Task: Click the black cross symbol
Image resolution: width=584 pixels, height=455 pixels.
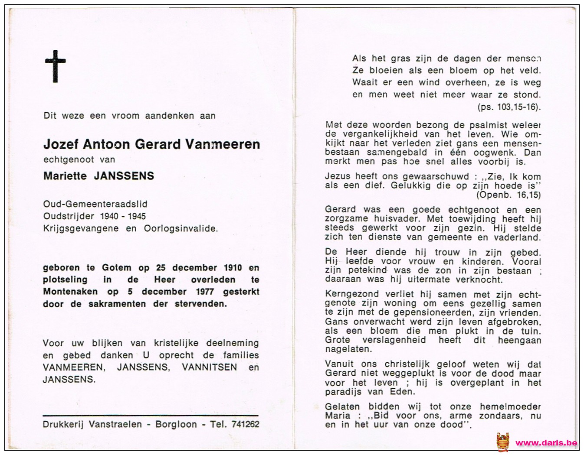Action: pyautogui.click(x=55, y=66)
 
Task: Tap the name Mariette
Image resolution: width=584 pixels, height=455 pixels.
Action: pyautogui.click(x=64, y=175)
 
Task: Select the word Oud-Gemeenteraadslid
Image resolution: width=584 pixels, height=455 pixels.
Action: pyautogui.click(x=95, y=204)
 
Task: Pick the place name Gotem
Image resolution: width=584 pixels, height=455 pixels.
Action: pyautogui.click(x=117, y=268)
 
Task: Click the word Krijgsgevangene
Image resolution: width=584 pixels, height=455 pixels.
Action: pyautogui.click(x=81, y=228)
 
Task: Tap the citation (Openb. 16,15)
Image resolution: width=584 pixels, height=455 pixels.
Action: pyautogui.click(x=509, y=195)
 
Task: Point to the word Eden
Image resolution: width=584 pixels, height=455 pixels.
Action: pyautogui.click(x=404, y=392)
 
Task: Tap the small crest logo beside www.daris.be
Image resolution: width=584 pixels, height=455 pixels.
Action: pyautogui.click(x=503, y=442)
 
